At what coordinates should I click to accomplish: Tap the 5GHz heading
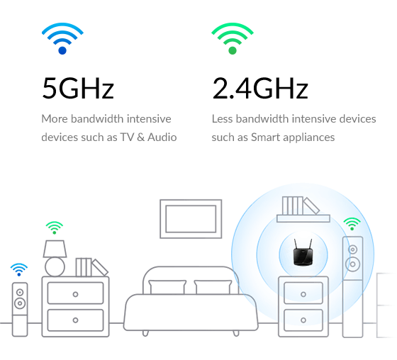coord(78,88)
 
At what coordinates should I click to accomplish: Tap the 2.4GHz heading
coord(260,88)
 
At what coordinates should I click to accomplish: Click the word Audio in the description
coord(162,137)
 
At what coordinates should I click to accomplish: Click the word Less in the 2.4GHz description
coord(222,119)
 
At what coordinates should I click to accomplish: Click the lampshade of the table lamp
coord(55,249)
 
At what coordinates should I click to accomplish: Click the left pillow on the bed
coord(167,287)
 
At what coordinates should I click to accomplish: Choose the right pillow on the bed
coord(213,287)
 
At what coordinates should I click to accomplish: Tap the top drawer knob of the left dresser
coord(75,294)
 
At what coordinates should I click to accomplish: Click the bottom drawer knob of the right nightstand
coord(303,320)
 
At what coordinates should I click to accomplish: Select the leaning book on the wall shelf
coord(311,206)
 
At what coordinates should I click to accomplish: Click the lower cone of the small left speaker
coord(20,303)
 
